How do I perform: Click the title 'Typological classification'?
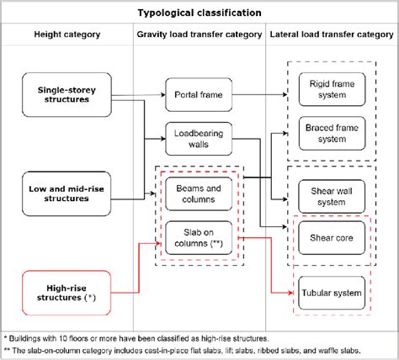click(x=199, y=13)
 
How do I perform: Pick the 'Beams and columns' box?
click(x=198, y=194)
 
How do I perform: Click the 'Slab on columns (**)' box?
click(x=198, y=238)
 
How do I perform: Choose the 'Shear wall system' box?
click(x=331, y=197)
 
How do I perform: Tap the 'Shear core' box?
click(x=331, y=238)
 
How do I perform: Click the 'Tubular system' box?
click(x=331, y=293)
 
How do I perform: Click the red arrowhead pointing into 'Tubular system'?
click(x=288, y=293)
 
